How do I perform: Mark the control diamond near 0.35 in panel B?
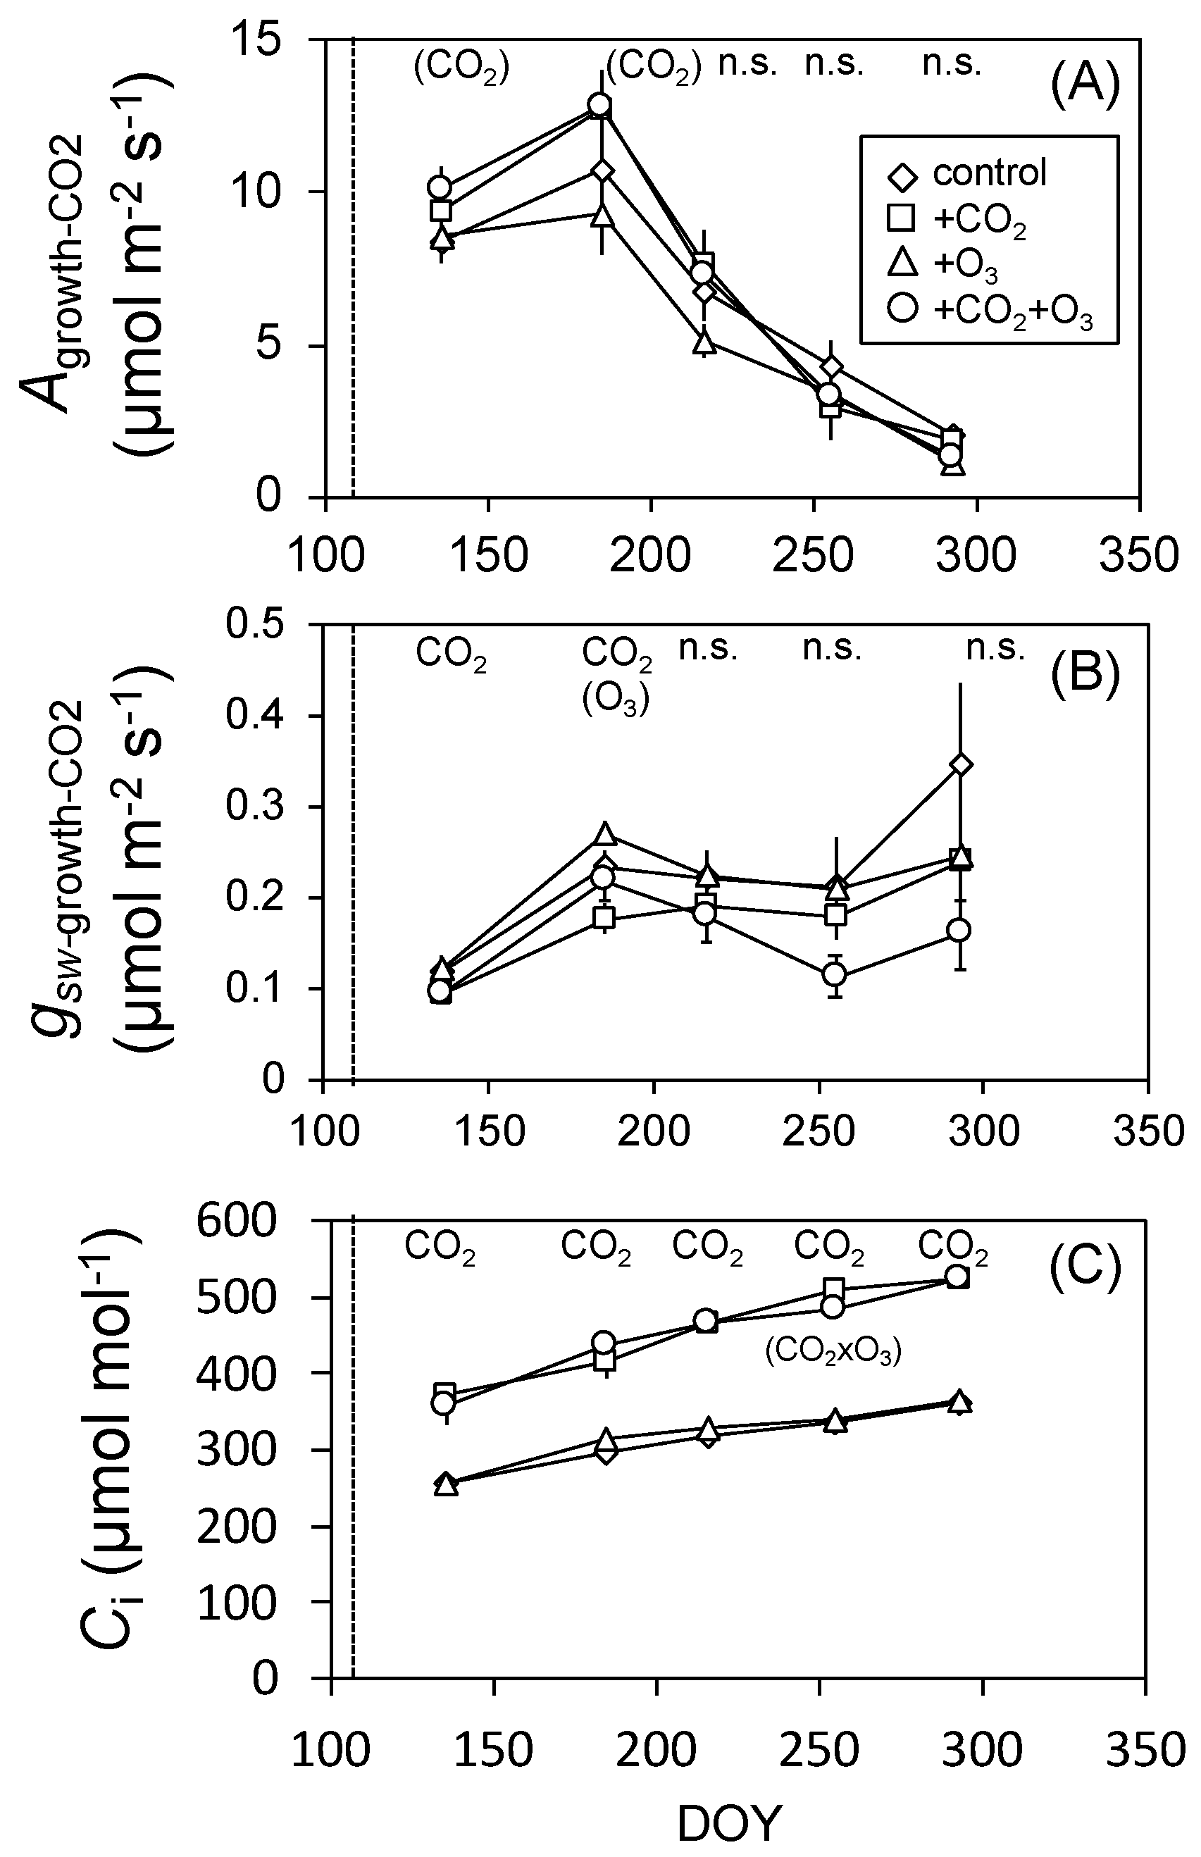pos(961,764)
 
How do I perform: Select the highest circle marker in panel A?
pos(599,104)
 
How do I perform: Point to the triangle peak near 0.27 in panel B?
pos(606,833)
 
